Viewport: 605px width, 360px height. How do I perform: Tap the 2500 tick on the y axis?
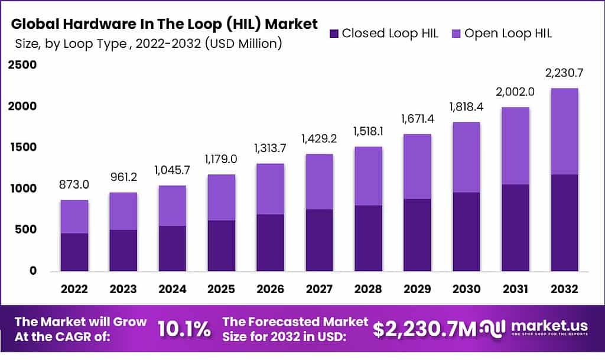[22, 65]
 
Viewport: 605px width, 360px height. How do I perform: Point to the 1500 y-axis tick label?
[22, 147]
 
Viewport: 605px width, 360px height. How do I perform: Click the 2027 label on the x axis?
[320, 289]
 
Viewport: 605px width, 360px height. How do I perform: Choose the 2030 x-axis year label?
[466, 289]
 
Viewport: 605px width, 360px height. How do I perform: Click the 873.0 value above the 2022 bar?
[74, 185]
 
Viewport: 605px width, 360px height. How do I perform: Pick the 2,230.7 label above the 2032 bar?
[565, 73]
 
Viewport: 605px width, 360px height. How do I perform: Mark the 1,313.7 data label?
[271, 149]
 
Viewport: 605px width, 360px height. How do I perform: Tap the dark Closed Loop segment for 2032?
[565, 223]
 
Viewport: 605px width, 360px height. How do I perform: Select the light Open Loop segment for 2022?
[74, 217]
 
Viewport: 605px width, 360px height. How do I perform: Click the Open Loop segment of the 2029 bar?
[417, 167]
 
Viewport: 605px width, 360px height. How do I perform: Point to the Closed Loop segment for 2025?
[222, 246]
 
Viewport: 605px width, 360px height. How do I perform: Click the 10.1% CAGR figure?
[184, 329]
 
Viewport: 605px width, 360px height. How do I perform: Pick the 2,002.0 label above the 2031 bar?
[516, 92]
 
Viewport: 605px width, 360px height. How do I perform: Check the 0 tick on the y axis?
[34, 271]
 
